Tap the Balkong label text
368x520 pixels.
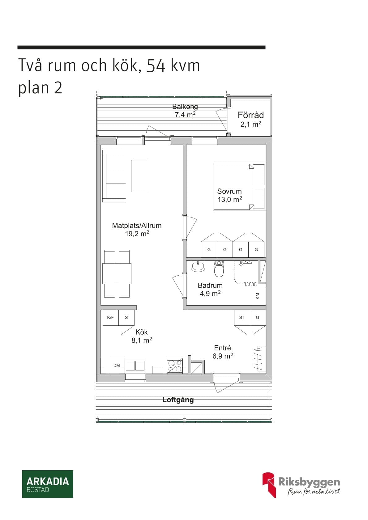click(x=185, y=107)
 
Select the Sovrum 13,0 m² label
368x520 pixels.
click(x=229, y=195)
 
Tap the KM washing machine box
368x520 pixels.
click(x=258, y=296)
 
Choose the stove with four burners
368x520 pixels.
click(x=175, y=366)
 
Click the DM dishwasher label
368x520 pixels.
click(x=116, y=366)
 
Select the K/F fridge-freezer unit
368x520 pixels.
click(x=111, y=317)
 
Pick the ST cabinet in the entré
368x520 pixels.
click(x=242, y=317)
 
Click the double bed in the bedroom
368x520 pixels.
click(x=239, y=187)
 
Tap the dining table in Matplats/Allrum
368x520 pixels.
click(x=117, y=273)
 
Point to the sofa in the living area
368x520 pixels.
click(x=114, y=176)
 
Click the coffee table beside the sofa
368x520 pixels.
click(x=139, y=176)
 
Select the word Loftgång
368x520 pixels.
click(x=178, y=400)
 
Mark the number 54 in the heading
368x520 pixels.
click(x=156, y=66)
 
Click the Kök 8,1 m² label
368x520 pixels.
click(x=142, y=336)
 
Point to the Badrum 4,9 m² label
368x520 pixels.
click(x=210, y=289)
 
